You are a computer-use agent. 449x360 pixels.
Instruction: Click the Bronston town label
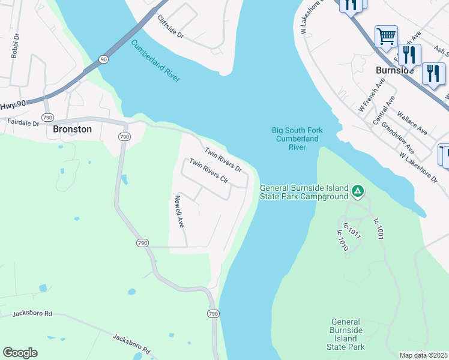[72, 129]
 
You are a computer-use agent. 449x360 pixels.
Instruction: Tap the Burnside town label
[394, 70]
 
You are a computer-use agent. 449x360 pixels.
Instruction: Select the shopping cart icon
[386, 36]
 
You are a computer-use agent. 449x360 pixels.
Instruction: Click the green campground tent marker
[358, 191]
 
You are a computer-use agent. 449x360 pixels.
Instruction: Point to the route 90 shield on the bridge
[104, 59]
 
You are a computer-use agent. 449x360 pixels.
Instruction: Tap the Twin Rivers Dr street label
[223, 160]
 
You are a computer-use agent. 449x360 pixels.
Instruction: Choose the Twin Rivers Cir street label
[209, 171]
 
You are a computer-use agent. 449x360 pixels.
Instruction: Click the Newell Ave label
[179, 211]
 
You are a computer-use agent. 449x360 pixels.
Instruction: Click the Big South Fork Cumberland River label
[294, 138]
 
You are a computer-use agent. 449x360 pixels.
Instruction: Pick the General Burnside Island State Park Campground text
[304, 192]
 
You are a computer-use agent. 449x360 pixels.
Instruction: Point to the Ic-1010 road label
[342, 239]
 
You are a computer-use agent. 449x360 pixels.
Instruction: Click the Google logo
[20, 353]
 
